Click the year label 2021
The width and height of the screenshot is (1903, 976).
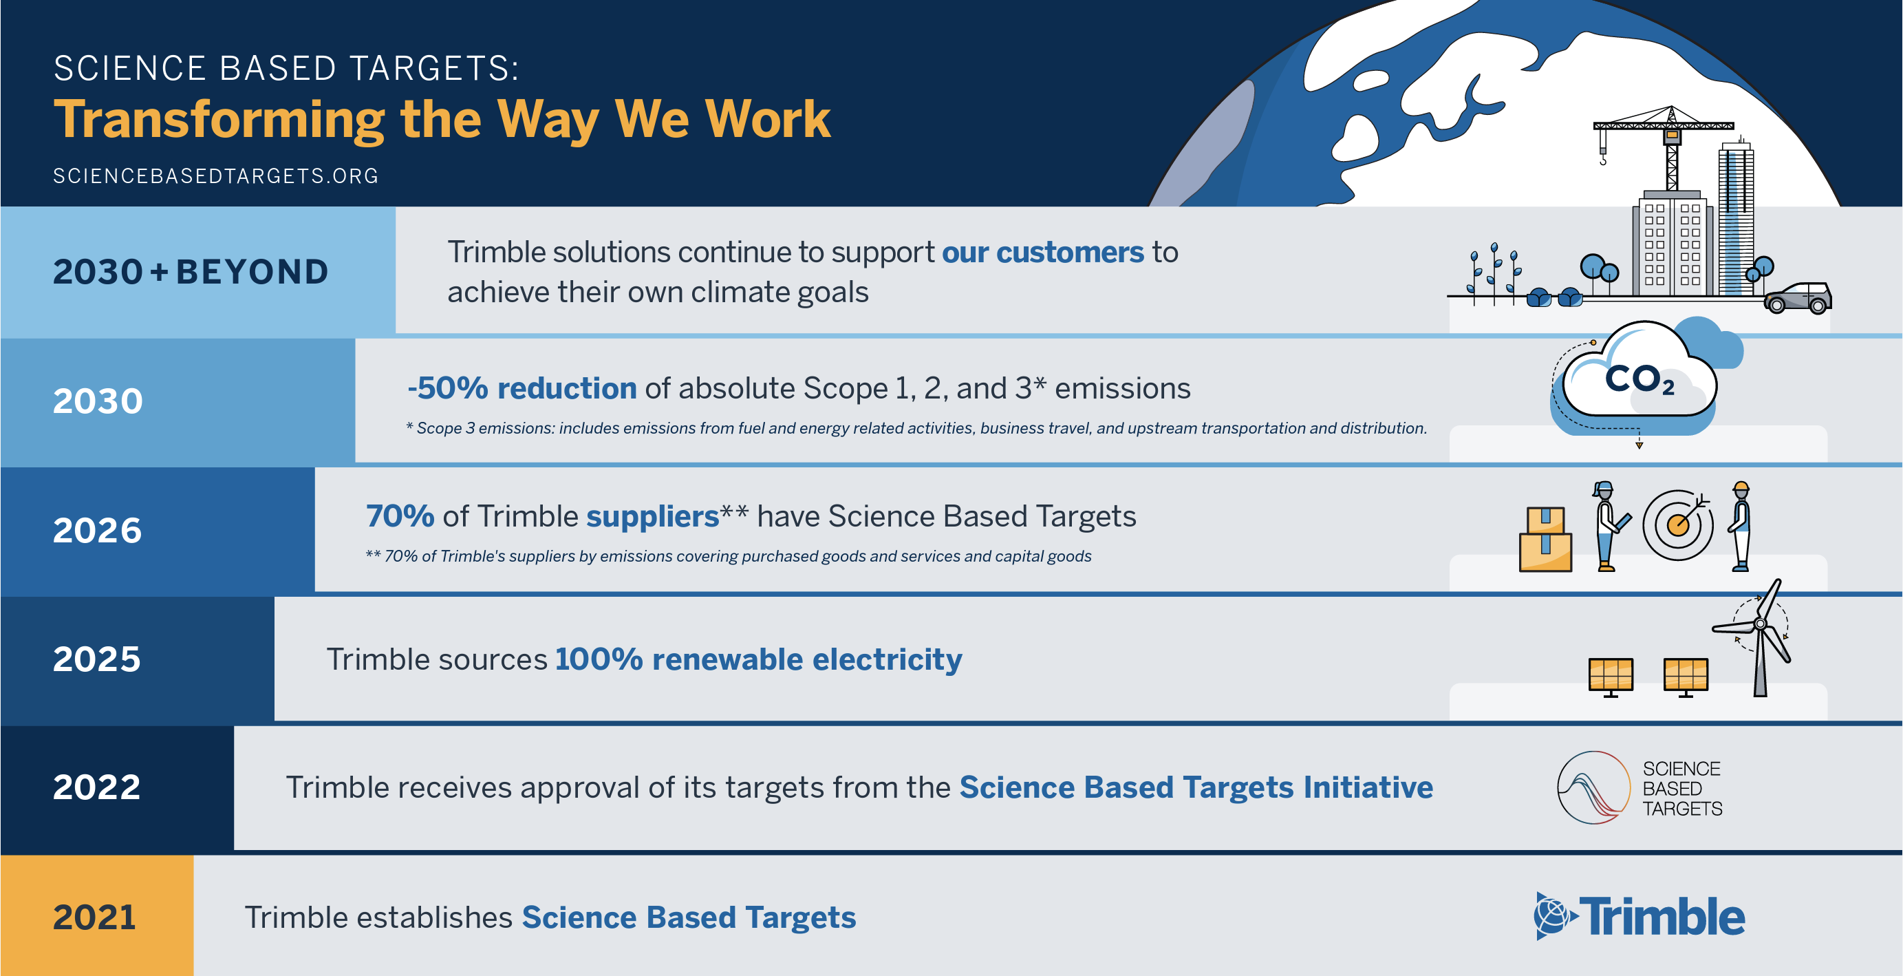94,917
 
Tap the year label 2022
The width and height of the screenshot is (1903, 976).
97,787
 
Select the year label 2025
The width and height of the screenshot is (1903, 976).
97,658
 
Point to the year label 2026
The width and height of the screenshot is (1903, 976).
98,530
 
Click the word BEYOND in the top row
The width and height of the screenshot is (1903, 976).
252,272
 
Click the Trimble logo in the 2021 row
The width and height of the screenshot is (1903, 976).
1639,916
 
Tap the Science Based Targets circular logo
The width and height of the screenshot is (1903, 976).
1593,787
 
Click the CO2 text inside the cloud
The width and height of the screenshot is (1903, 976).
1639,380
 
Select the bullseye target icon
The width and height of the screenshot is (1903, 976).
1678,525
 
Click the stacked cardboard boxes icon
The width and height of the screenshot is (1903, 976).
1545,540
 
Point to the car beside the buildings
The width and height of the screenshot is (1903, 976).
1797,298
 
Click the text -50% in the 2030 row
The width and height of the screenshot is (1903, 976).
448,388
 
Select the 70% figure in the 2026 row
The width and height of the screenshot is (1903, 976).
400,516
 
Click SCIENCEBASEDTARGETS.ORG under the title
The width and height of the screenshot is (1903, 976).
216,176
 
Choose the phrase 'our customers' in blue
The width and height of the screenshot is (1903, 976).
1043,253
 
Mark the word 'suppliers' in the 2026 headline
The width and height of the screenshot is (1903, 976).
653,517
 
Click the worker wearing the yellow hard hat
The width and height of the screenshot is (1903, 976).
1740,526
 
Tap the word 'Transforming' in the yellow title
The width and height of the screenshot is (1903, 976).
219,120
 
